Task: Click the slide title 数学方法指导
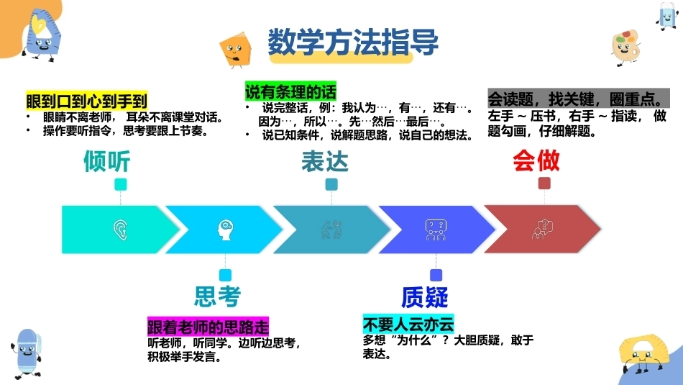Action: coord(353,42)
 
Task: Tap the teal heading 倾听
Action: coord(107,161)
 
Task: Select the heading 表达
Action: coord(325,161)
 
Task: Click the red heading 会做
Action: coord(536,160)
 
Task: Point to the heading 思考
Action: coord(217,296)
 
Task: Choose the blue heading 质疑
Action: coord(425,297)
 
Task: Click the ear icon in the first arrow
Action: coord(120,230)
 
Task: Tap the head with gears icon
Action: coord(225,230)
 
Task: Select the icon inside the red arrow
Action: coord(542,230)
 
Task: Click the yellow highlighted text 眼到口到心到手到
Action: coord(87,101)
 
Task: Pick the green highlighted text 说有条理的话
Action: coord(290,91)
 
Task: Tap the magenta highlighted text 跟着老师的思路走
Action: coord(208,326)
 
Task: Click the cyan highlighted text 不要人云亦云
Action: coord(408,324)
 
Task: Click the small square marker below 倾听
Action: coord(121,184)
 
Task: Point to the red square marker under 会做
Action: coord(544,183)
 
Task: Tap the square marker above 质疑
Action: coord(436,275)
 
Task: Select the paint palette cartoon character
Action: coord(625,47)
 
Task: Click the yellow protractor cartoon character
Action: coord(643,353)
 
